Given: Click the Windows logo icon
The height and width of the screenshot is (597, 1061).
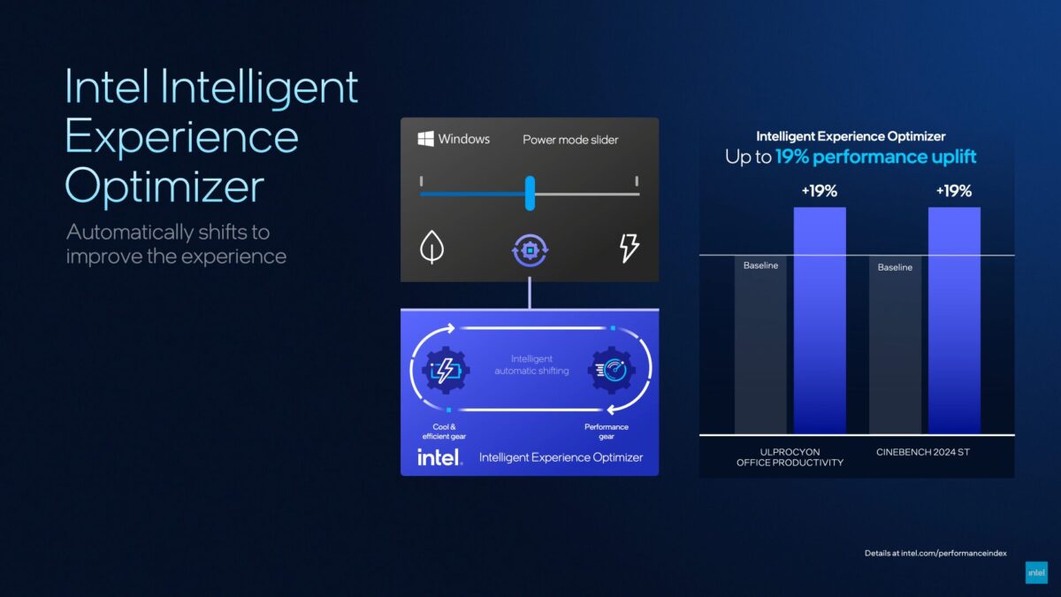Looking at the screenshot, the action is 425,139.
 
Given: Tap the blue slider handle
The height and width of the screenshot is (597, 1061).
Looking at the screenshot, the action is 530,194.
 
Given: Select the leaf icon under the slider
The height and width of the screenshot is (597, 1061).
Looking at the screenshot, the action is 431,247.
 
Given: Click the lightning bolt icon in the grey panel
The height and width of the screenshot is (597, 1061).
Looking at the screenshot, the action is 629,248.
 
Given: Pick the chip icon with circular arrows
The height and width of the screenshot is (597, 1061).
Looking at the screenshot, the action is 530,249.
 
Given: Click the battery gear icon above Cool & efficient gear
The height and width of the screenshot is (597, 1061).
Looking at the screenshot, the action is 445,370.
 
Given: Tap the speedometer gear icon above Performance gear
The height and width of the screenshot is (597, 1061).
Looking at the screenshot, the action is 612,370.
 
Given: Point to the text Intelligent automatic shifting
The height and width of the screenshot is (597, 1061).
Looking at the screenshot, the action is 531,364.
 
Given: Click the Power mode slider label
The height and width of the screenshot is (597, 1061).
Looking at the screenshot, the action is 570,140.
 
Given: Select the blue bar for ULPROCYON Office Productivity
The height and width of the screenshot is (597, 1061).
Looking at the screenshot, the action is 820,320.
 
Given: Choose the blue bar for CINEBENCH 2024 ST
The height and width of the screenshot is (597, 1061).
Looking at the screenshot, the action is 954,320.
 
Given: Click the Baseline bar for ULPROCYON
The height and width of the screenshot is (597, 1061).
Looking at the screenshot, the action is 760,345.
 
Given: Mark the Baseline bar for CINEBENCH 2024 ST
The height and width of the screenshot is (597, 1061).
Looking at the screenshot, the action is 895,345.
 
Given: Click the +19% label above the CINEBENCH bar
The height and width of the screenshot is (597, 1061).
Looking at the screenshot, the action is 954,191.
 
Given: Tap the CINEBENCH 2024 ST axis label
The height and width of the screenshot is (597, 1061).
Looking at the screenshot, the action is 923,452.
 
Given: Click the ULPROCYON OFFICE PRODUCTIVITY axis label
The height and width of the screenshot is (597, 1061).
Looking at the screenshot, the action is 790,457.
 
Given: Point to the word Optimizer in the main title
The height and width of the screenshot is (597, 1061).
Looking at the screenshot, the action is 164,187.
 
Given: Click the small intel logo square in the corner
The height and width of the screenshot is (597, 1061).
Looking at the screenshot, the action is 1036,572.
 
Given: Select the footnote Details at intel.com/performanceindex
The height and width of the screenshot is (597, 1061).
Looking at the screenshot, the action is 935,553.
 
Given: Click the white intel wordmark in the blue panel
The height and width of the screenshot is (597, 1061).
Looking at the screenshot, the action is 439,457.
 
